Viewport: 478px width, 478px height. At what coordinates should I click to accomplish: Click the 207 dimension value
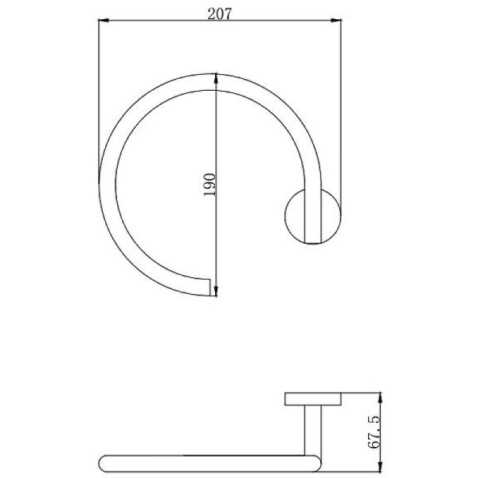tap(220, 14)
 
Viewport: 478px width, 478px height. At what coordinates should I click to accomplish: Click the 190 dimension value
tap(210, 185)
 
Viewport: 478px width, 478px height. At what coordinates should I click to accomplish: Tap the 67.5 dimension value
tap(374, 432)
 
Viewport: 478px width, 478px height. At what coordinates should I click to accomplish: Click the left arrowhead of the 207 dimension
tap(104, 21)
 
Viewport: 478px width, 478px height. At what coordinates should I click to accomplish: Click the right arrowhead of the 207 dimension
tap(336, 21)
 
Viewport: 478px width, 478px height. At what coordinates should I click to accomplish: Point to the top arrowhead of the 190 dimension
tap(216, 78)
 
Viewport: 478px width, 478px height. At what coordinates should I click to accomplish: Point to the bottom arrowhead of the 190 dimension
tap(216, 291)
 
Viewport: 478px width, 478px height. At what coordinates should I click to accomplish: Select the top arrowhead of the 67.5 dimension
tap(380, 398)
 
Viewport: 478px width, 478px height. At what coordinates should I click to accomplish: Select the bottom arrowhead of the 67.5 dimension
tap(380, 468)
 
